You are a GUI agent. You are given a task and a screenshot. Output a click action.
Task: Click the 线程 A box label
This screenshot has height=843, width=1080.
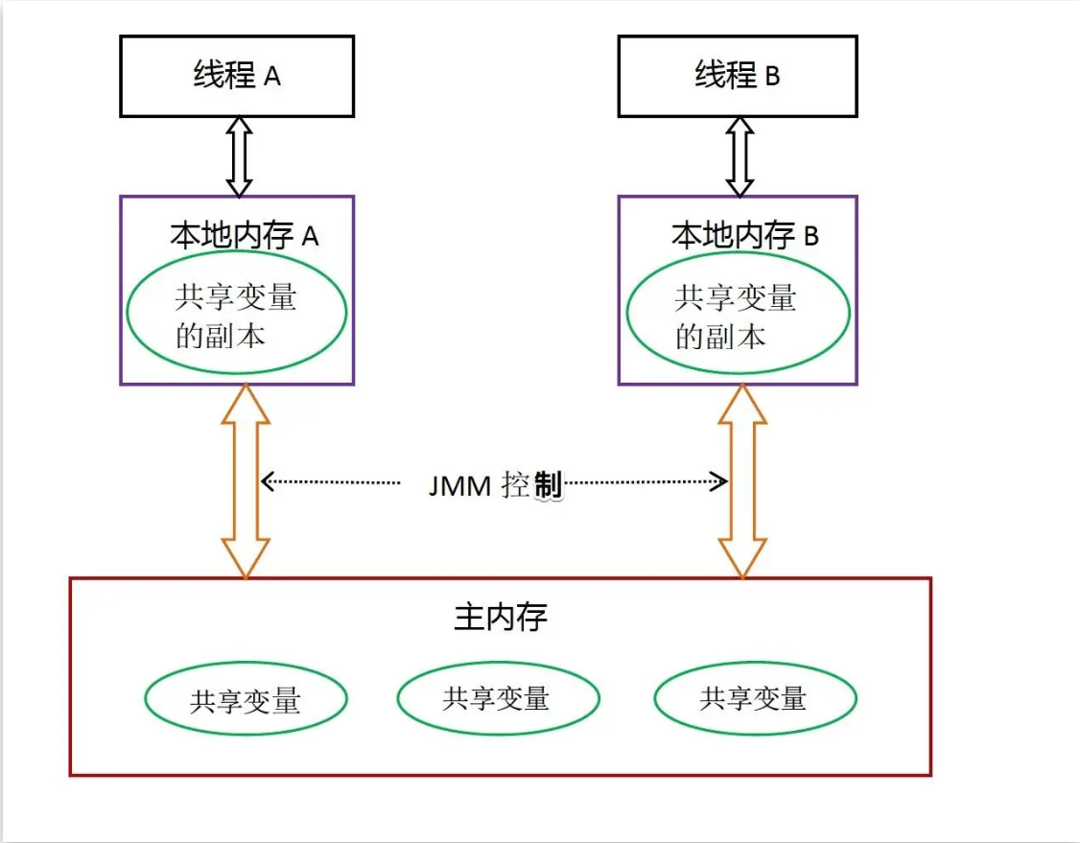(x=237, y=75)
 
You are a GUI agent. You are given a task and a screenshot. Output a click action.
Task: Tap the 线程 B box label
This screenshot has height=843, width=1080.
(x=737, y=75)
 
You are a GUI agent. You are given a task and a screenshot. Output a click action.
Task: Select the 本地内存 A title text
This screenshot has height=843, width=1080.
(x=244, y=236)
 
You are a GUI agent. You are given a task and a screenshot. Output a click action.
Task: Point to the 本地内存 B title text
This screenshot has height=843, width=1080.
(x=744, y=236)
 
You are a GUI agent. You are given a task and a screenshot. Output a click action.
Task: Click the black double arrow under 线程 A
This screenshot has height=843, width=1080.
(x=239, y=157)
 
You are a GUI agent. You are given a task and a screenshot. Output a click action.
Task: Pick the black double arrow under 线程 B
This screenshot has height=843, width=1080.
(x=740, y=157)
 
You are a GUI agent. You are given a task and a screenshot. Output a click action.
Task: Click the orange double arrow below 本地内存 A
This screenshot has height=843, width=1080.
(x=246, y=480)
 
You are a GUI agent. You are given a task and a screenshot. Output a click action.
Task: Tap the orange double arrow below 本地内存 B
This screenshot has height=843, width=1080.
(x=742, y=480)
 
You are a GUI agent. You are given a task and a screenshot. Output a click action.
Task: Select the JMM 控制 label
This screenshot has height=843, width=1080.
(x=495, y=485)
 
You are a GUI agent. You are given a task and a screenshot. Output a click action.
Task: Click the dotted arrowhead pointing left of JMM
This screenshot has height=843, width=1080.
(x=268, y=481)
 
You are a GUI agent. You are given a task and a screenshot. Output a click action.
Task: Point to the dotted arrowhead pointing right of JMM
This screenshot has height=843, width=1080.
(x=720, y=481)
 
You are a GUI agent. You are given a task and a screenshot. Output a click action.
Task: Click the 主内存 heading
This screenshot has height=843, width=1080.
(x=501, y=617)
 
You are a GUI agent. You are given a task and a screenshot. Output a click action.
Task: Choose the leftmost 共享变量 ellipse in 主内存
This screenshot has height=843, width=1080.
(x=246, y=699)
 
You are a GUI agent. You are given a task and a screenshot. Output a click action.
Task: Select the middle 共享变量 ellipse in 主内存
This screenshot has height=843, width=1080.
(x=499, y=698)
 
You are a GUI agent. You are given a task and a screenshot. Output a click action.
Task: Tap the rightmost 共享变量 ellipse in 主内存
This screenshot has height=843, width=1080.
(x=756, y=698)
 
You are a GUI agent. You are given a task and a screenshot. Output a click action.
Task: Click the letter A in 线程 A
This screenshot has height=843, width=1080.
(x=272, y=77)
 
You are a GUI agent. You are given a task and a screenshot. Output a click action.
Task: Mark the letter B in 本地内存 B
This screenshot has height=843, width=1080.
(x=811, y=236)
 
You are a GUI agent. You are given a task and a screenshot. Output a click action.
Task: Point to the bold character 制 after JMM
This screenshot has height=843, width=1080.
(x=549, y=485)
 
